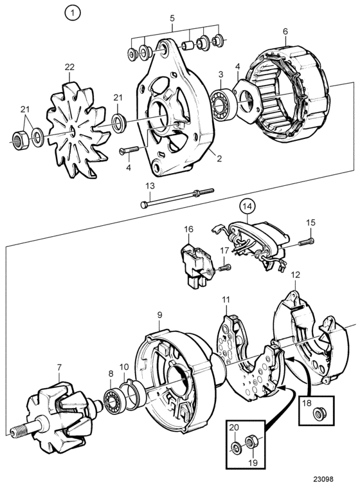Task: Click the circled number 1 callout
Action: point(73,13)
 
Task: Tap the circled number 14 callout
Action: point(247,207)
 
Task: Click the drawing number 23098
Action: point(323,479)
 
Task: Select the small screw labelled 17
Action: point(225,267)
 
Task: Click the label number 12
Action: point(296,275)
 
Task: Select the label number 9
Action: point(159,315)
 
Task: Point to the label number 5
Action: point(172,19)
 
